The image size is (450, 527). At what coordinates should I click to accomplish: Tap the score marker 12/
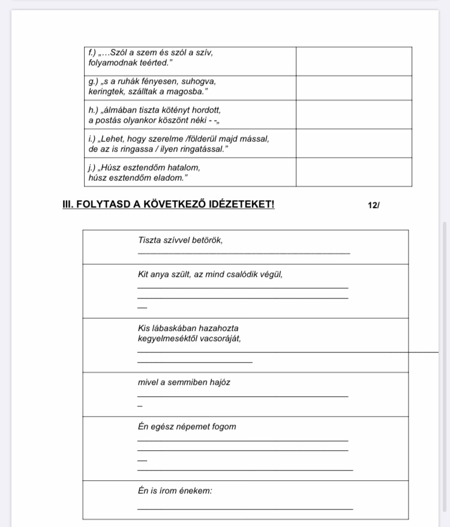(x=374, y=205)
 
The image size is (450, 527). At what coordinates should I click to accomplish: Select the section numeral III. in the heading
(x=69, y=204)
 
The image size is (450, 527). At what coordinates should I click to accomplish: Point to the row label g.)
(x=94, y=81)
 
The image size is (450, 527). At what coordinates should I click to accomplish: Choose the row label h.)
(x=94, y=110)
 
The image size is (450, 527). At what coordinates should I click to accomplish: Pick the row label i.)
(x=92, y=138)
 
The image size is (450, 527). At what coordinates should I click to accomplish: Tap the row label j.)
(x=92, y=168)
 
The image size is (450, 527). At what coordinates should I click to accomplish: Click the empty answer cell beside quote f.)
(x=353, y=61)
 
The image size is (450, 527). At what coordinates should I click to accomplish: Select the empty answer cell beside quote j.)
(x=353, y=172)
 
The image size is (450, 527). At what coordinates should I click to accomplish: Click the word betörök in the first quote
(x=207, y=240)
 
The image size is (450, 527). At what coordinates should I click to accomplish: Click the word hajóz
(x=219, y=382)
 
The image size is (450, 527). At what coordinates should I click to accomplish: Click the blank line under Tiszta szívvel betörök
(x=243, y=253)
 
